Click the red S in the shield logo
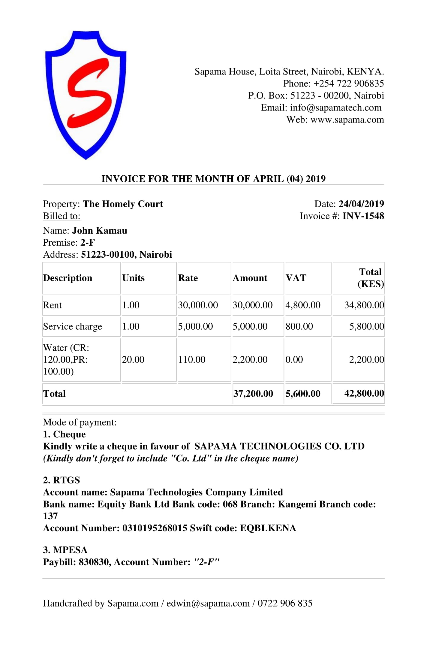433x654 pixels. coord(89,93)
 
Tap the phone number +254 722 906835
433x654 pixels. coord(348,83)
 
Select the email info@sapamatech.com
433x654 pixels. coord(335,107)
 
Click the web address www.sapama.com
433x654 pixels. coord(347,120)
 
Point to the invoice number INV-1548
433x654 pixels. coord(363,216)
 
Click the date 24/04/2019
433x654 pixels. coord(361,204)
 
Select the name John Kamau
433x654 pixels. coord(100,231)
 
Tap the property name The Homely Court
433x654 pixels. coord(123,204)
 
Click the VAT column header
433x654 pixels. coord(296,278)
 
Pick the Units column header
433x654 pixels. coord(133,278)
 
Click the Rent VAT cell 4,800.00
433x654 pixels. coord(303,305)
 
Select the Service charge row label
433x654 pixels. coord(72,326)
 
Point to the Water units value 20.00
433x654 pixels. coord(133,359)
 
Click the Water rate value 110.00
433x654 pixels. coord(192,359)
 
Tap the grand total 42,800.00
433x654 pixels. coord(364,393)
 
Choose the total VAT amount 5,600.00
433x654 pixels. coord(303,394)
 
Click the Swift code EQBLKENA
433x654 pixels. coord(268,528)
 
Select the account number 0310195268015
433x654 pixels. coord(155,528)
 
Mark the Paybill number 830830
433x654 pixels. coord(94,562)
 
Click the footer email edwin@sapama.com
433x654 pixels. coord(208,603)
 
